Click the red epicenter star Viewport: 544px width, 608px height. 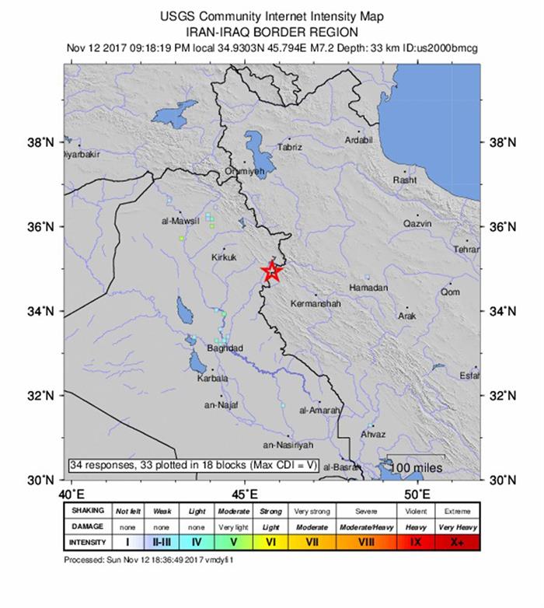tap(271, 271)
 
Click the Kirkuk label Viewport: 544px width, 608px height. tap(224, 257)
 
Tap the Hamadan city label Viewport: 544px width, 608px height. tap(368, 288)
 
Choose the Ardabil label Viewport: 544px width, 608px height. tap(360, 140)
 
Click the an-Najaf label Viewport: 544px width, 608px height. tap(220, 405)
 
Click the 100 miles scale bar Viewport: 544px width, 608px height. tap(417, 466)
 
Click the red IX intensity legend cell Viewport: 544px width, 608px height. tap(416, 541)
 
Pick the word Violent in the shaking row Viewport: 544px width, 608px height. tap(416, 511)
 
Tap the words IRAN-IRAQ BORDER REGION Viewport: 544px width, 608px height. tap(272, 32)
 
